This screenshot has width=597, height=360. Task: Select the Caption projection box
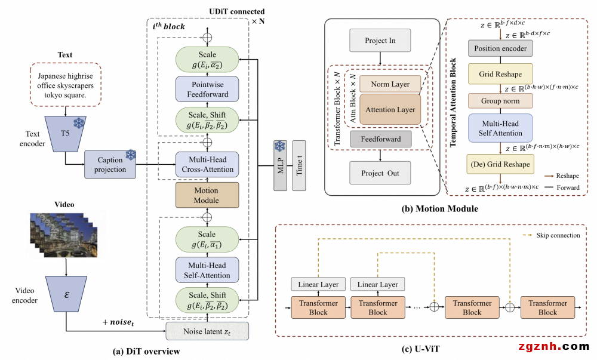[110, 164]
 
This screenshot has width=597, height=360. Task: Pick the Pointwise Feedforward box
[207, 88]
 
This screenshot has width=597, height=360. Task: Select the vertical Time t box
[298, 166]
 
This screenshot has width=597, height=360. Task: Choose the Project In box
[380, 41]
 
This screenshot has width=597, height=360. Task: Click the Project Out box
[380, 173]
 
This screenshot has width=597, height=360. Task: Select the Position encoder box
[500, 48]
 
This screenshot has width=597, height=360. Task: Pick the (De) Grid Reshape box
[500, 164]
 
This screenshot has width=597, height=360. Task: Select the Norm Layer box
[390, 84]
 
